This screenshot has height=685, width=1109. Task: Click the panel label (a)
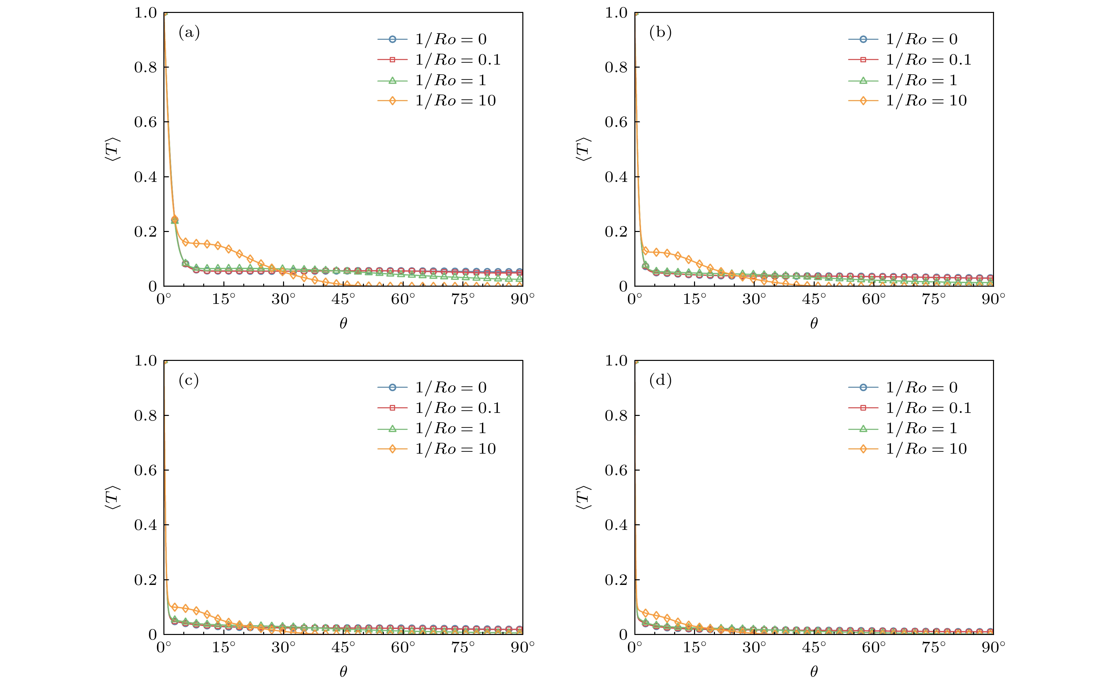pyautogui.click(x=189, y=32)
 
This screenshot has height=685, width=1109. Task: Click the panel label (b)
pyautogui.click(x=660, y=32)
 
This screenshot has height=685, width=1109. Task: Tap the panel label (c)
pyautogui.click(x=189, y=380)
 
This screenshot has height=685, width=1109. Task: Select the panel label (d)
pyautogui.click(x=660, y=380)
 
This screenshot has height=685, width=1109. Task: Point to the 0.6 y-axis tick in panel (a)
pyautogui.click(x=146, y=122)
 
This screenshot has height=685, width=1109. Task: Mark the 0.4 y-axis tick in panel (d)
pyautogui.click(x=616, y=525)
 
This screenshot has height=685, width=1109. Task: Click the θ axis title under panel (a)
pyautogui.click(x=343, y=323)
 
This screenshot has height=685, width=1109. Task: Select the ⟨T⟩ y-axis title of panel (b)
pyautogui.click(x=583, y=149)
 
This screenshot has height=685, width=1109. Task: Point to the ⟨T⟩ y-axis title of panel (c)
pyautogui.click(x=112, y=497)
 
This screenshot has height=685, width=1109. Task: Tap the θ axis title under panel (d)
pyautogui.click(x=814, y=671)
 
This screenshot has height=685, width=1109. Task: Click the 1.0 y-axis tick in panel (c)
pyautogui.click(x=146, y=361)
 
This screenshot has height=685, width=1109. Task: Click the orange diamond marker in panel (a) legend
pyautogui.click(x=392, y=100)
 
